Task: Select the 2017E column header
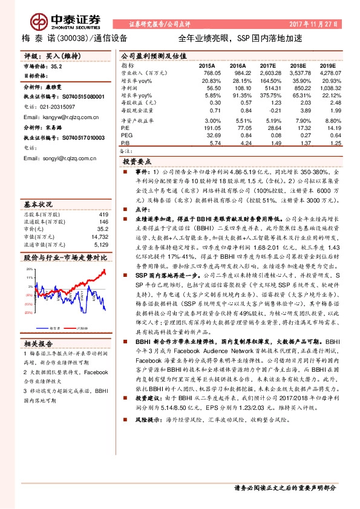[x=267, y=65]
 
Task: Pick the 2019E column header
[x=327, y=65]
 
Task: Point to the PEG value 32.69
[x=209, y=136]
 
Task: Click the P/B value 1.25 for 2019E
[x=329, y=144]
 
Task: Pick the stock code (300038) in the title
[x=74, y=38]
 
